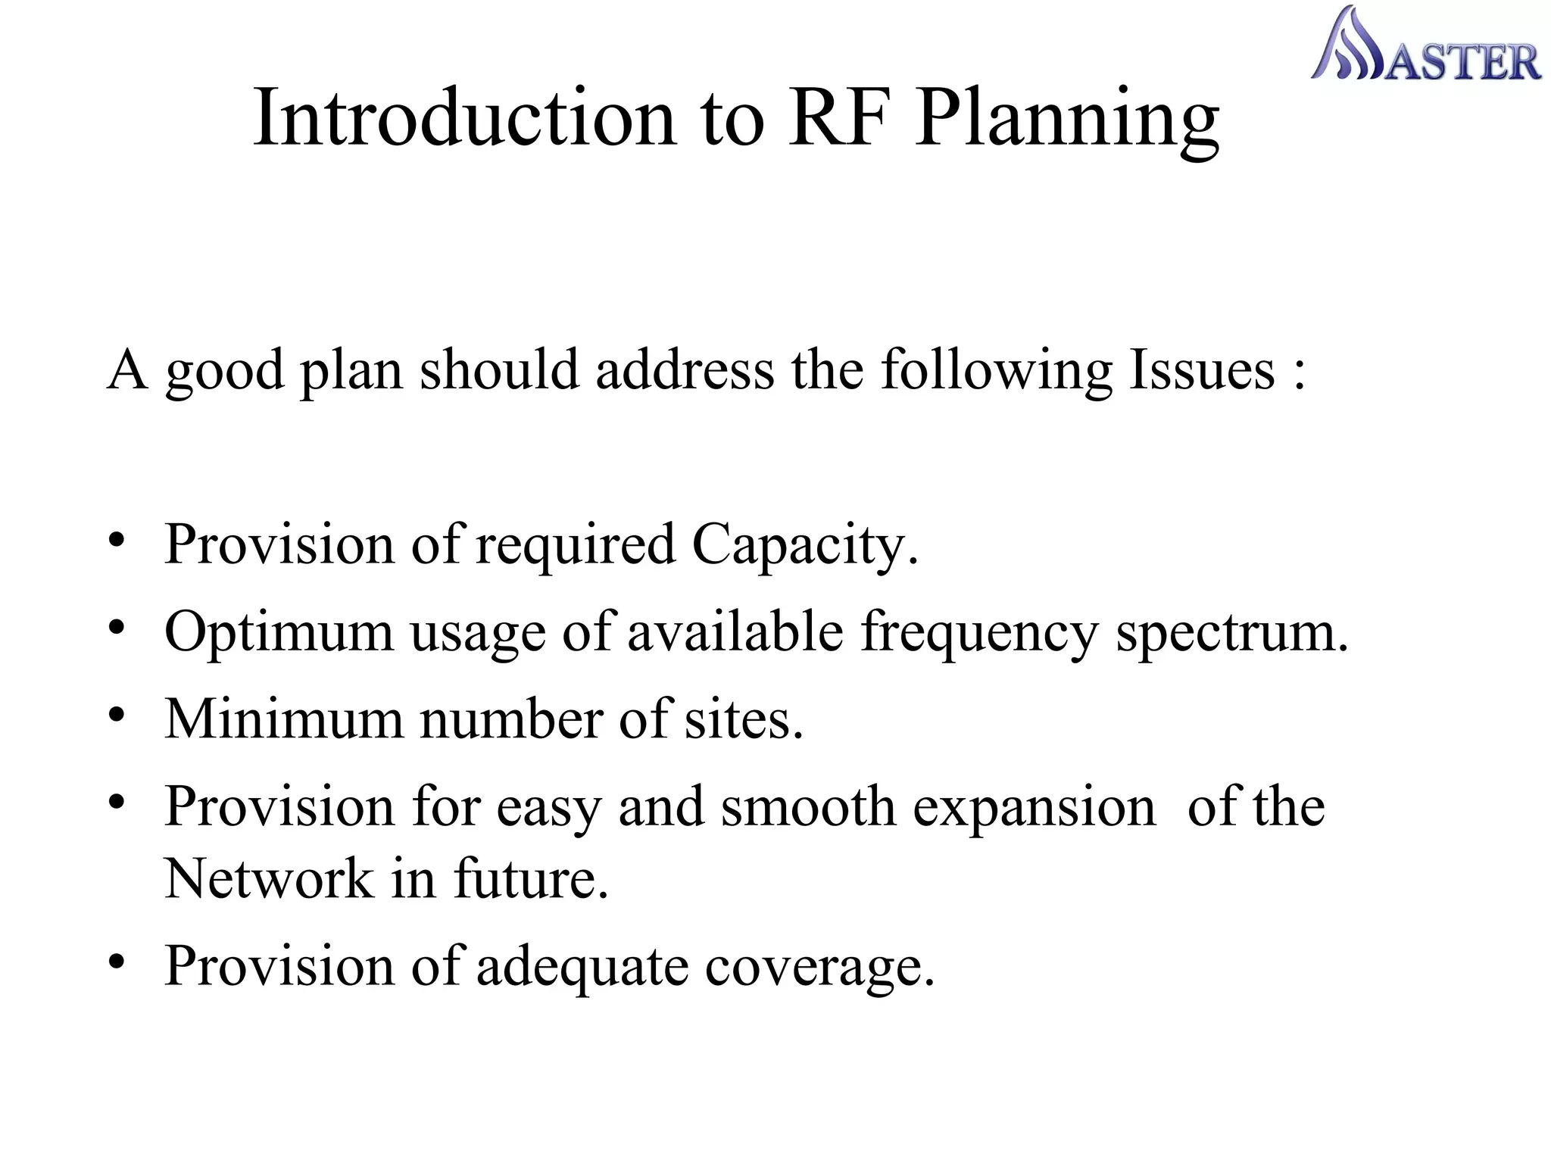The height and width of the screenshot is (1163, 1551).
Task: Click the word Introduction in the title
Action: pos(464,118)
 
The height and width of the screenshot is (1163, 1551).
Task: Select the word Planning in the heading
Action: pos(1067,121)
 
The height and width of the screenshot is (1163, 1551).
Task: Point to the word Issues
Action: pos(1202,371)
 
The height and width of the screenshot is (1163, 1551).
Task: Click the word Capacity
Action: pos(804,545)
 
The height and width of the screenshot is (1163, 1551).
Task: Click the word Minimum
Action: pos(284,719)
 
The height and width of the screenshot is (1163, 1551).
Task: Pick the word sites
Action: pos(743,719)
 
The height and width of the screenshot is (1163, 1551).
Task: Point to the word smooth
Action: pos(808,807)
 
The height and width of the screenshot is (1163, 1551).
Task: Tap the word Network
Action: pos(269,879)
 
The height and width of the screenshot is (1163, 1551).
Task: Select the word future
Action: pos(530,879)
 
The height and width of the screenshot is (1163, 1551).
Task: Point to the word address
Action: pos(684,371)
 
